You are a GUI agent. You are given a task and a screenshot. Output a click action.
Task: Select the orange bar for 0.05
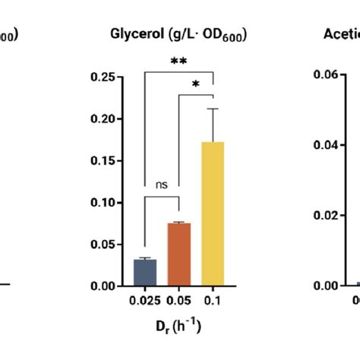[178, 254]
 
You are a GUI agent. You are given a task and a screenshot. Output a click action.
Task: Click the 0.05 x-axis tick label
[178, 302]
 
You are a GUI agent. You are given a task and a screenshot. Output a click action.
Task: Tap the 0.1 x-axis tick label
[213, 302]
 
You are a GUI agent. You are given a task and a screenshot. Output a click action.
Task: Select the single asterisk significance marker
[196, 84]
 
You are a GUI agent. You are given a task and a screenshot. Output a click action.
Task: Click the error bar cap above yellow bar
[213, 109]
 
